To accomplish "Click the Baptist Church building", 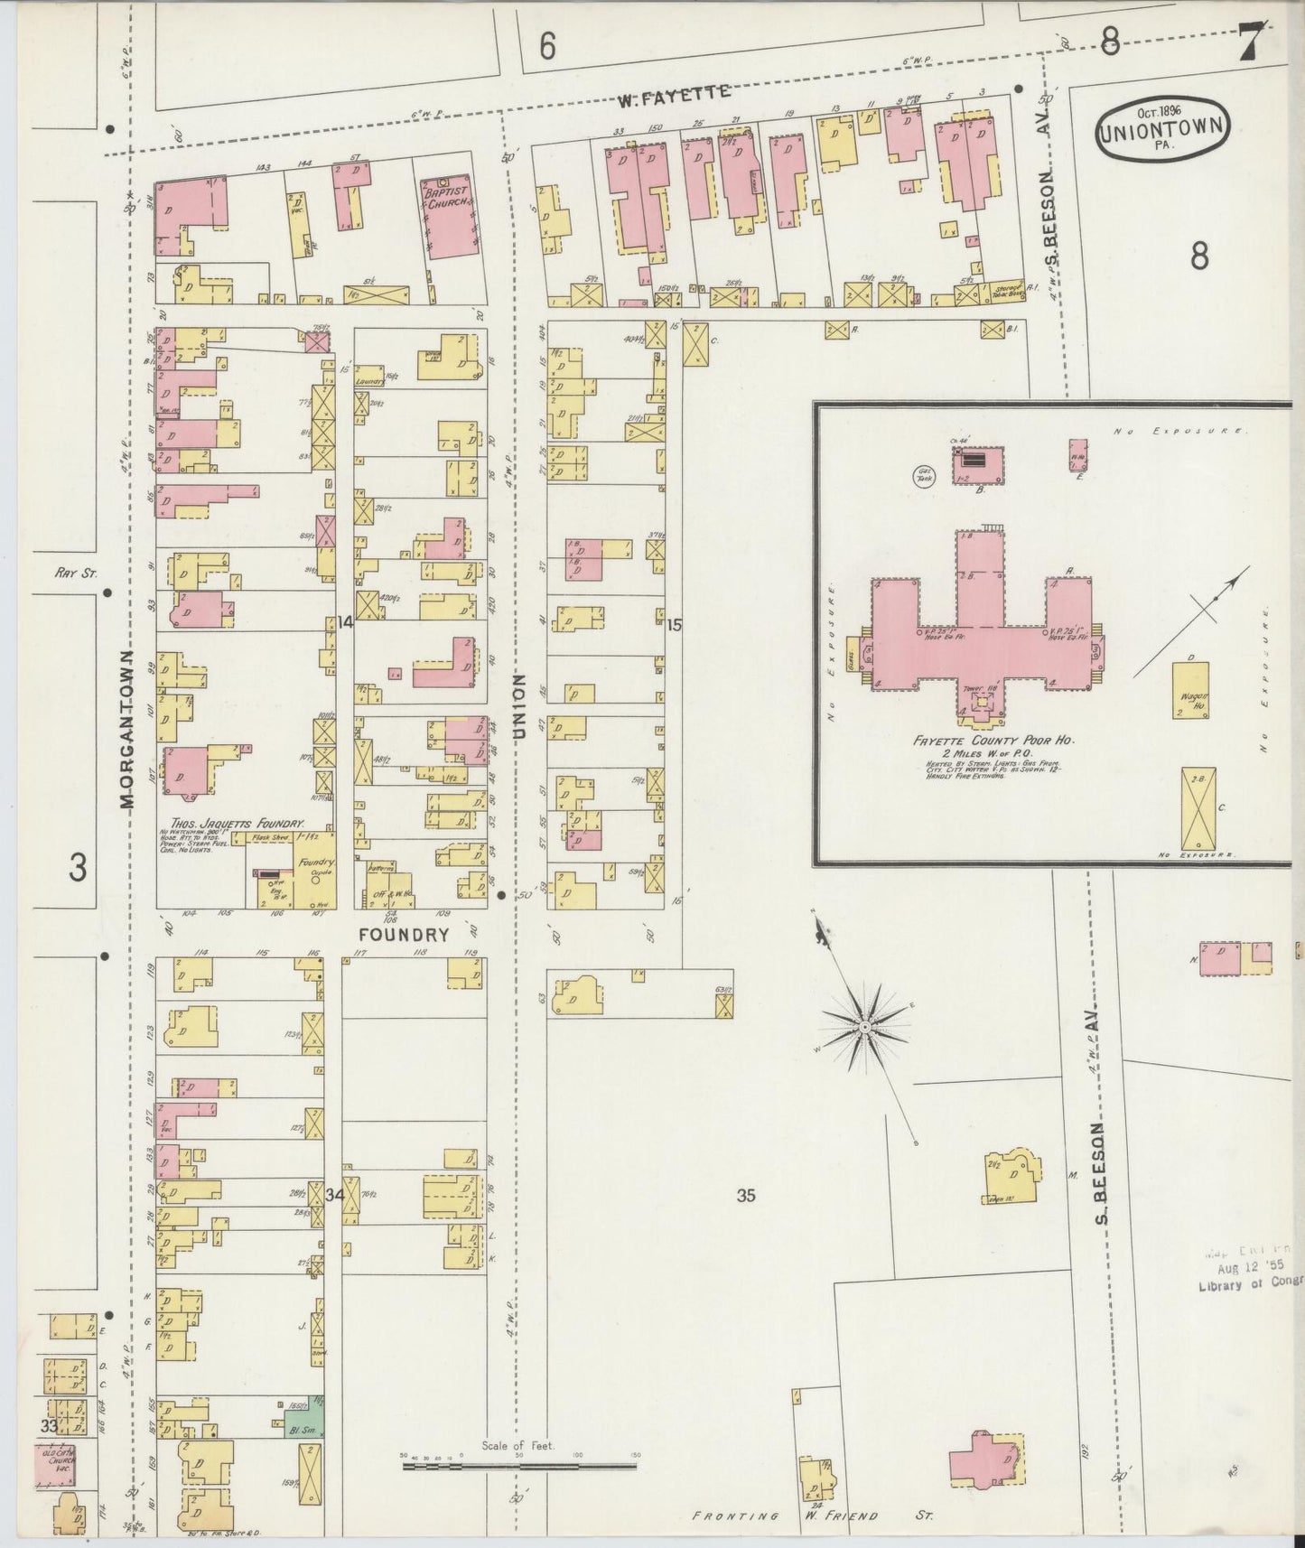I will click(449, 217).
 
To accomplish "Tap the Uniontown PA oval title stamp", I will click(1162, 131).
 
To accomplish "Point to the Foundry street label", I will click(404, 935).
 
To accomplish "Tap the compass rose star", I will click(864, 1028).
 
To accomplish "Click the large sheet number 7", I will click(1250, 42).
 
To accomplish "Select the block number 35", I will click(745, 1196).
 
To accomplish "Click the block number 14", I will click(345, 621).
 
